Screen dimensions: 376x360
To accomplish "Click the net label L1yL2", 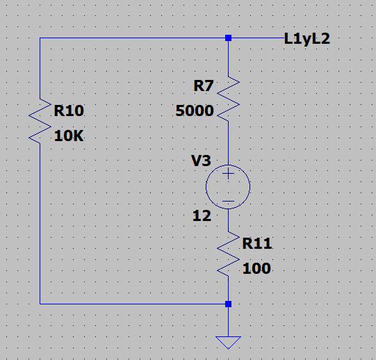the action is tap(306, 39).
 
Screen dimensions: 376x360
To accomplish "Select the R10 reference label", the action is tap(69, 111).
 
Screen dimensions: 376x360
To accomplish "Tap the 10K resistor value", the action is tap(69, 136).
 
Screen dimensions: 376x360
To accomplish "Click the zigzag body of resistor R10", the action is tap(40, 121).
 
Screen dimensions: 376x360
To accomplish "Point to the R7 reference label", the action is tap(204, 86).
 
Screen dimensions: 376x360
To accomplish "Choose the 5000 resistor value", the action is tap(195, 111).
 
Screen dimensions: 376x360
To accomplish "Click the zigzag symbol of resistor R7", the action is tap(228, 99).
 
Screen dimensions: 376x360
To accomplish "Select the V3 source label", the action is tap(201, 161).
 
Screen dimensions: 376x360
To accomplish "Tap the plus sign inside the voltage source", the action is tap(228, 174).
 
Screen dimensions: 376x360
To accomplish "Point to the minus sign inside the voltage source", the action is tap(228, 201).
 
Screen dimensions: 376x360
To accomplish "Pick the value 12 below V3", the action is tap(202, 216).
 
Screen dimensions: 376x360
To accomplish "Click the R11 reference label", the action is tap(257, 243).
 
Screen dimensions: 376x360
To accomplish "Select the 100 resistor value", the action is tap(256, 268).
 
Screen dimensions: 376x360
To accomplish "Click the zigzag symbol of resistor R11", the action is tap(228, 254).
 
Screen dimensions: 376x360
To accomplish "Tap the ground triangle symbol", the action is tap(228, 343).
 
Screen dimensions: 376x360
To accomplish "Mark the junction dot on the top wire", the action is tap(228, 38).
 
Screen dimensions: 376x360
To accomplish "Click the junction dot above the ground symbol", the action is tap(228, 304).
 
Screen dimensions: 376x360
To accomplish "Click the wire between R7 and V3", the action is tap(228, 143).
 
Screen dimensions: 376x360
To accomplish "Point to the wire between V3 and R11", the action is tap(228, 220).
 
